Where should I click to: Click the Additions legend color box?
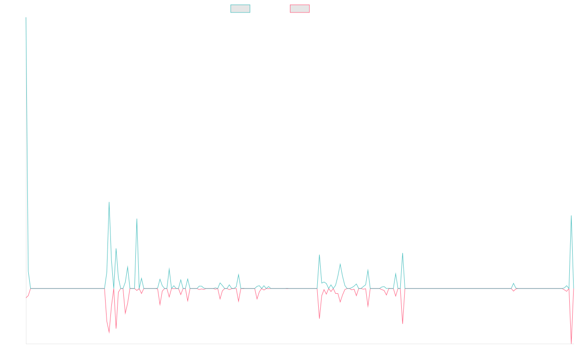240,9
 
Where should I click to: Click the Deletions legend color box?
300,9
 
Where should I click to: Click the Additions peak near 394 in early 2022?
109,202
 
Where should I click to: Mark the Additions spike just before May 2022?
137,219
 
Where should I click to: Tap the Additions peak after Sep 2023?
319,255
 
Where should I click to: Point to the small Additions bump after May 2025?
513,283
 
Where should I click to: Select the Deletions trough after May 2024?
402,323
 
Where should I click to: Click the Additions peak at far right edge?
571,216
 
